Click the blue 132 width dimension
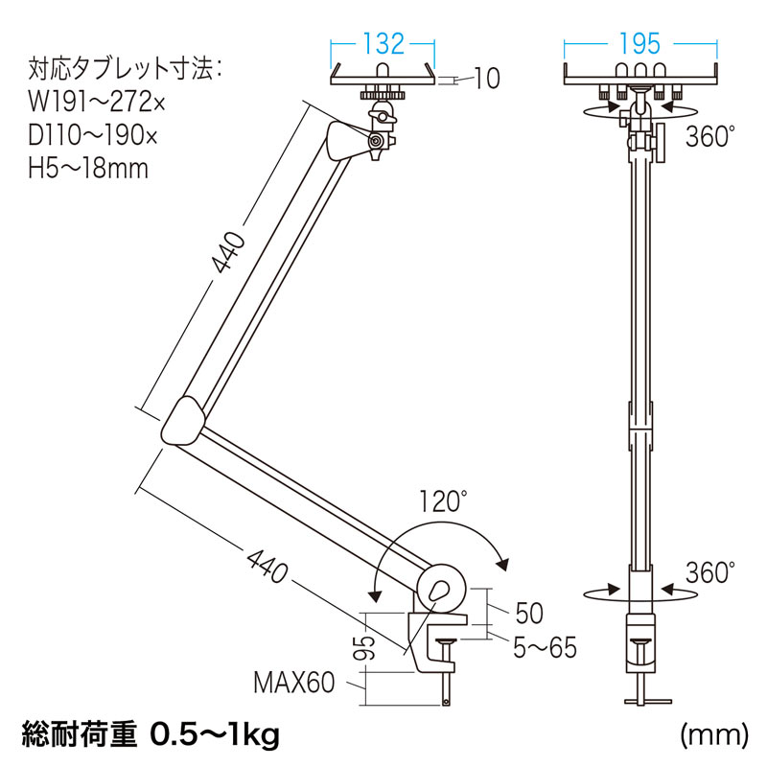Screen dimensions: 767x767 (383, 43)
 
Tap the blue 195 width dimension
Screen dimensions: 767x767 (639, 43)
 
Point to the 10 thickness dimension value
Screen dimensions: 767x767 (487, 79)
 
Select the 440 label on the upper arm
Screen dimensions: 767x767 (227, 252)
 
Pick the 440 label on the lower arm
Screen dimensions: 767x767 (267, 565)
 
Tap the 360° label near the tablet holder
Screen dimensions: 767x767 (710, 136)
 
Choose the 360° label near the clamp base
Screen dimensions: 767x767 (710, 572)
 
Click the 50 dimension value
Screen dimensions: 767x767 (529, 613)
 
